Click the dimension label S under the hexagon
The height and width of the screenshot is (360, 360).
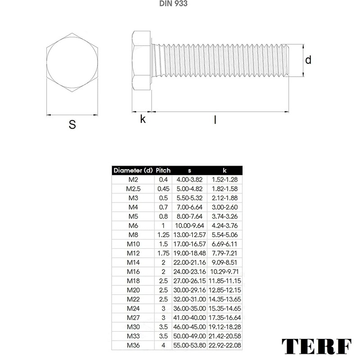72,125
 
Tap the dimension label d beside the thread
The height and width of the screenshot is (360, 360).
308,60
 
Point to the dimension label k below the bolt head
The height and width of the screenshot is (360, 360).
143,119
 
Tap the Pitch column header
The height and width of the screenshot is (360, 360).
163,171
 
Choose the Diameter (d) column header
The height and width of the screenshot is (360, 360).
133,171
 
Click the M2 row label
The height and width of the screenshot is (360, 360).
133,180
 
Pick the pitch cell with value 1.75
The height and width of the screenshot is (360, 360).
163,253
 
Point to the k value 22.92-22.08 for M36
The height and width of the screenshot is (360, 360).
225,345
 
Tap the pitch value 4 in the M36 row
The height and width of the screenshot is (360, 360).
163,345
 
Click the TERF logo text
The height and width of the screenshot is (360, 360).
316,346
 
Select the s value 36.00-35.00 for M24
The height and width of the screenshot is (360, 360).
189,308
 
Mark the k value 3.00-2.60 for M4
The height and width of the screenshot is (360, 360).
225,207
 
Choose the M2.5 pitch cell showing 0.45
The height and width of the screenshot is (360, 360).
163,189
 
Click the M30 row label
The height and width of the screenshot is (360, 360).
133,327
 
